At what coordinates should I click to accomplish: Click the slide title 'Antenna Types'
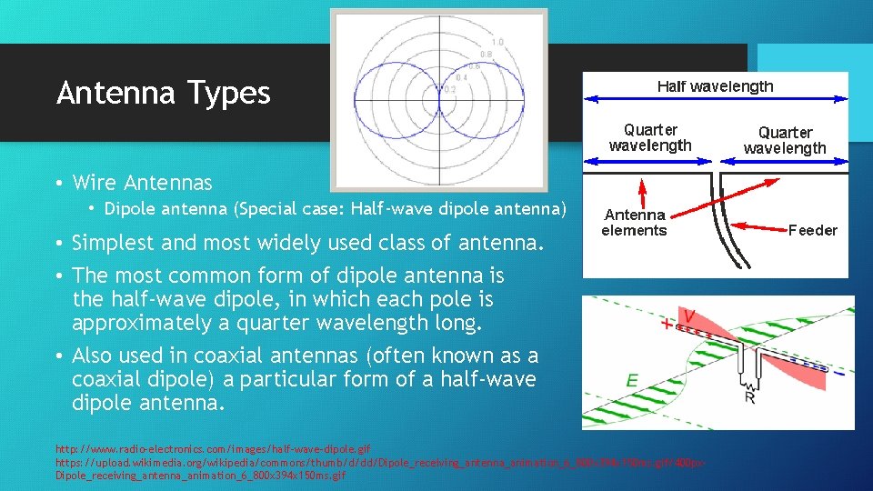[164, 93]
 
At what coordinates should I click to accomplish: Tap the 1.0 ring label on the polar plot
[497, 42]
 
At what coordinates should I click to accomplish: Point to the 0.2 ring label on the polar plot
[449, 89]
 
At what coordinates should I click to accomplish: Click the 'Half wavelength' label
[715, 86]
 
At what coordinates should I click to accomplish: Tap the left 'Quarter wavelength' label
[650, 138]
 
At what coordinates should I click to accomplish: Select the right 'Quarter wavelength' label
[785, 140]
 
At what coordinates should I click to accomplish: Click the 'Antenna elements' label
[635, 223]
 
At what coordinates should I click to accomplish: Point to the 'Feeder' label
[812, 230]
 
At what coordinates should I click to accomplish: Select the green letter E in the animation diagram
[632, 380]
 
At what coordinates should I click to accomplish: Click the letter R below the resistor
[748, 397]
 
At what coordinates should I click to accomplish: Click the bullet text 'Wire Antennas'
[142, 183]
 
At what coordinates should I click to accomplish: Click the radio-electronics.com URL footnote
[213, 449]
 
